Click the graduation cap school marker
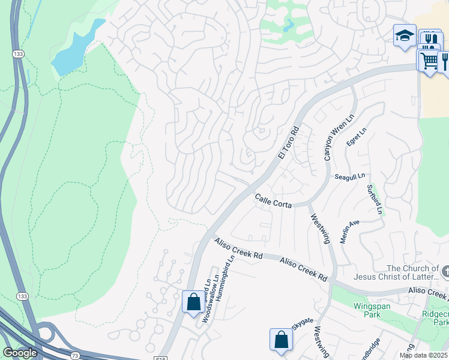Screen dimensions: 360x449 coord(405,35)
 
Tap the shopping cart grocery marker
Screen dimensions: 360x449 coord(428,60)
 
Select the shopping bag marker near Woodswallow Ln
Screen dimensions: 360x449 coord(193,302)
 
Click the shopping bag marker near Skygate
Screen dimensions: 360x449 coord(281,340)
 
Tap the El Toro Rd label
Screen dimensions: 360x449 coord(289,143)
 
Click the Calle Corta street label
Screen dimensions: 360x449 coord(273,201)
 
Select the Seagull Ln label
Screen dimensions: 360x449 coord(350,176)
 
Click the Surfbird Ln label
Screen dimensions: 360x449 coord(375,200)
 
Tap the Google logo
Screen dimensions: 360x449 coord(20,353)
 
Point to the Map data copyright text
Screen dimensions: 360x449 coord(423,355)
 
